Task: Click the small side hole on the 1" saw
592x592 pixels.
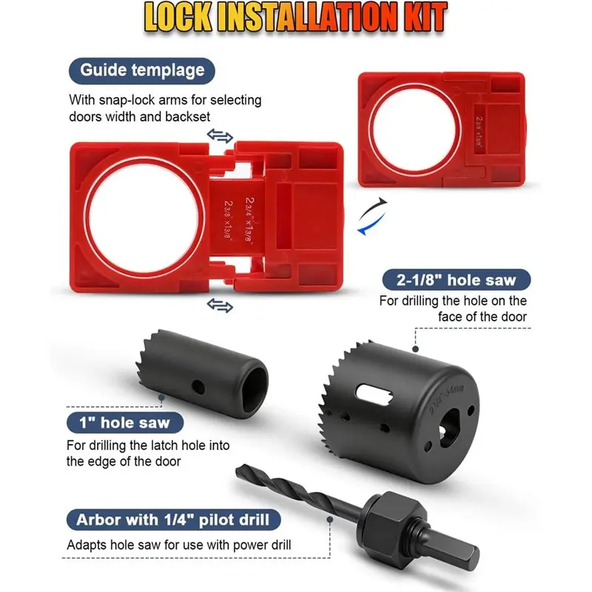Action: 197,385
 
